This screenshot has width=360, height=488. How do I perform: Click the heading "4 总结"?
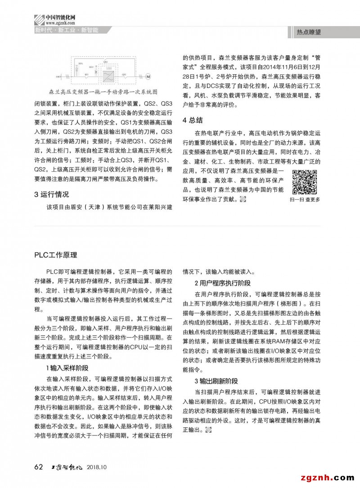(193, 120)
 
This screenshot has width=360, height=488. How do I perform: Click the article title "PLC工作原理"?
(56, 255)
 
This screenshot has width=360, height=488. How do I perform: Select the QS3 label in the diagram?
(105, 60)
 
